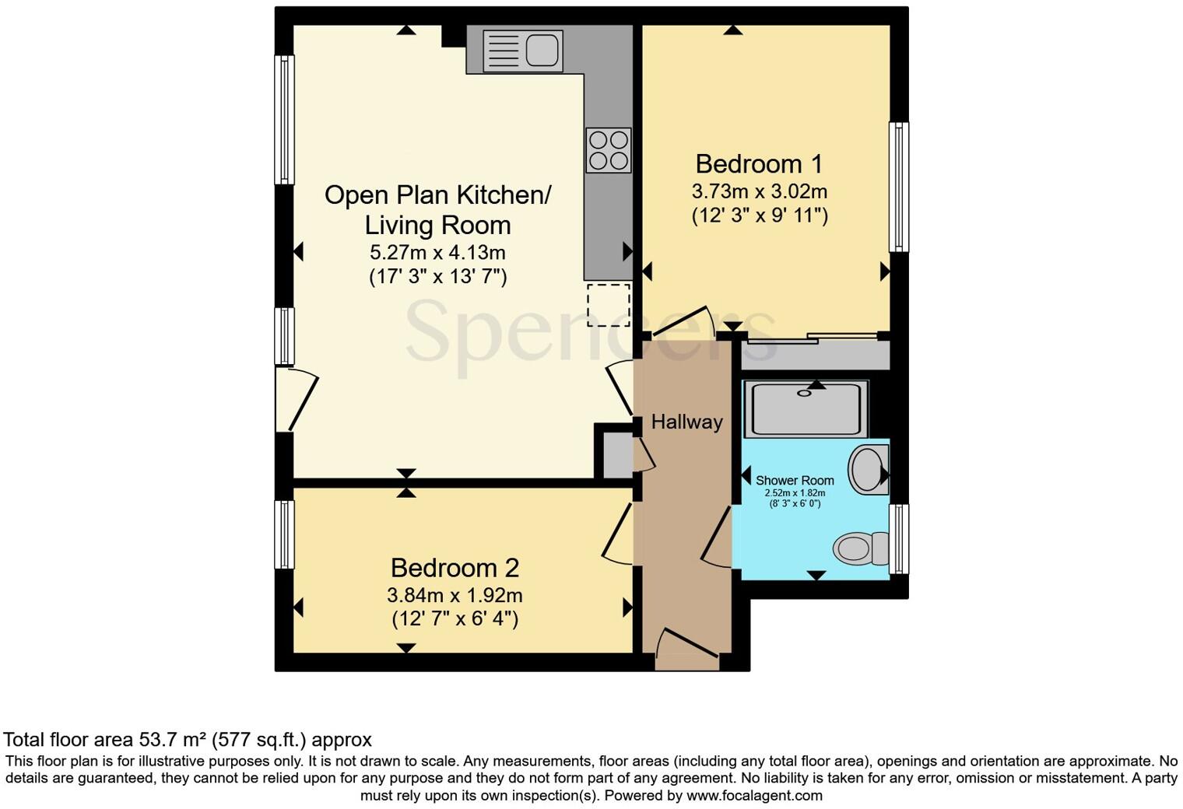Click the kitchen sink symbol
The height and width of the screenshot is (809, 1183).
(522, 51)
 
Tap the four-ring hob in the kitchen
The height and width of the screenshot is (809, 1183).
(608, 150)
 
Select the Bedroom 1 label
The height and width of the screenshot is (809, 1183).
(759, 164)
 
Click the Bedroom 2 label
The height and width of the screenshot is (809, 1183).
(455, 568)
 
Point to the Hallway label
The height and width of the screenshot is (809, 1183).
(686, 422)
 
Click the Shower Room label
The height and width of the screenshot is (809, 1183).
(795, 481)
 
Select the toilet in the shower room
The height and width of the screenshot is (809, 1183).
(862, 548)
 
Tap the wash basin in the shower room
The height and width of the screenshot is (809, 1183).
(867, 469)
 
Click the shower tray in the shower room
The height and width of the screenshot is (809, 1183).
(806, 408)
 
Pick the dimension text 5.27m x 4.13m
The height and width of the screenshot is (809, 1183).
(437, 253)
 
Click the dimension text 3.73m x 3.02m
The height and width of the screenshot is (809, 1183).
(759, 191)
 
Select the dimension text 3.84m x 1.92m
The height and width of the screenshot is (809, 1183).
(455, 596)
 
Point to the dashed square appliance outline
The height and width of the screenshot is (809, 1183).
(608, 305)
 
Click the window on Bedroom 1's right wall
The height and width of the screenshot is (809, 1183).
(899, 187)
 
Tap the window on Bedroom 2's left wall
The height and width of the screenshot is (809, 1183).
(284, 534)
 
